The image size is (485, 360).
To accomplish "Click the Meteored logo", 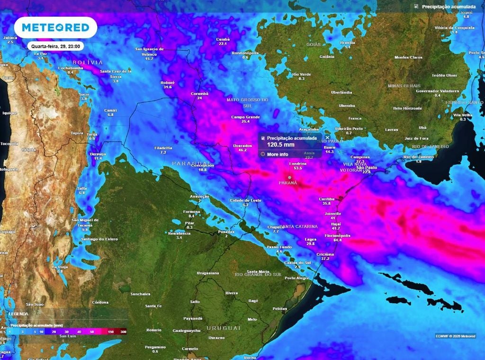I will [55, 28].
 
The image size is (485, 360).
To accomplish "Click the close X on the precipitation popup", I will [327, 137].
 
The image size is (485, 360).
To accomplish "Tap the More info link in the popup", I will [277, 154].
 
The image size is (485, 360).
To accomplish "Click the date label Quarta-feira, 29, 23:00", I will [56, 46].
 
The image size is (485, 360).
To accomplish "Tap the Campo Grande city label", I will [245, 117].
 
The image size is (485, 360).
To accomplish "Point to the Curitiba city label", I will [327, 199].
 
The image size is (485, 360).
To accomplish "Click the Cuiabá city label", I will [223, 39].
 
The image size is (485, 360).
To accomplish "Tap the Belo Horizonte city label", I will [407, 108].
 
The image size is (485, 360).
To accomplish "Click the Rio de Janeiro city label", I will [418, 157].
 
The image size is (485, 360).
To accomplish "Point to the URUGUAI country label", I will [224, 328].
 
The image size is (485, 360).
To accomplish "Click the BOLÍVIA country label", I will [88, 63].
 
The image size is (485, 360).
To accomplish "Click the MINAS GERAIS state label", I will [404, 86].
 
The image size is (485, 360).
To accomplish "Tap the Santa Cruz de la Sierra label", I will [116, 73].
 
